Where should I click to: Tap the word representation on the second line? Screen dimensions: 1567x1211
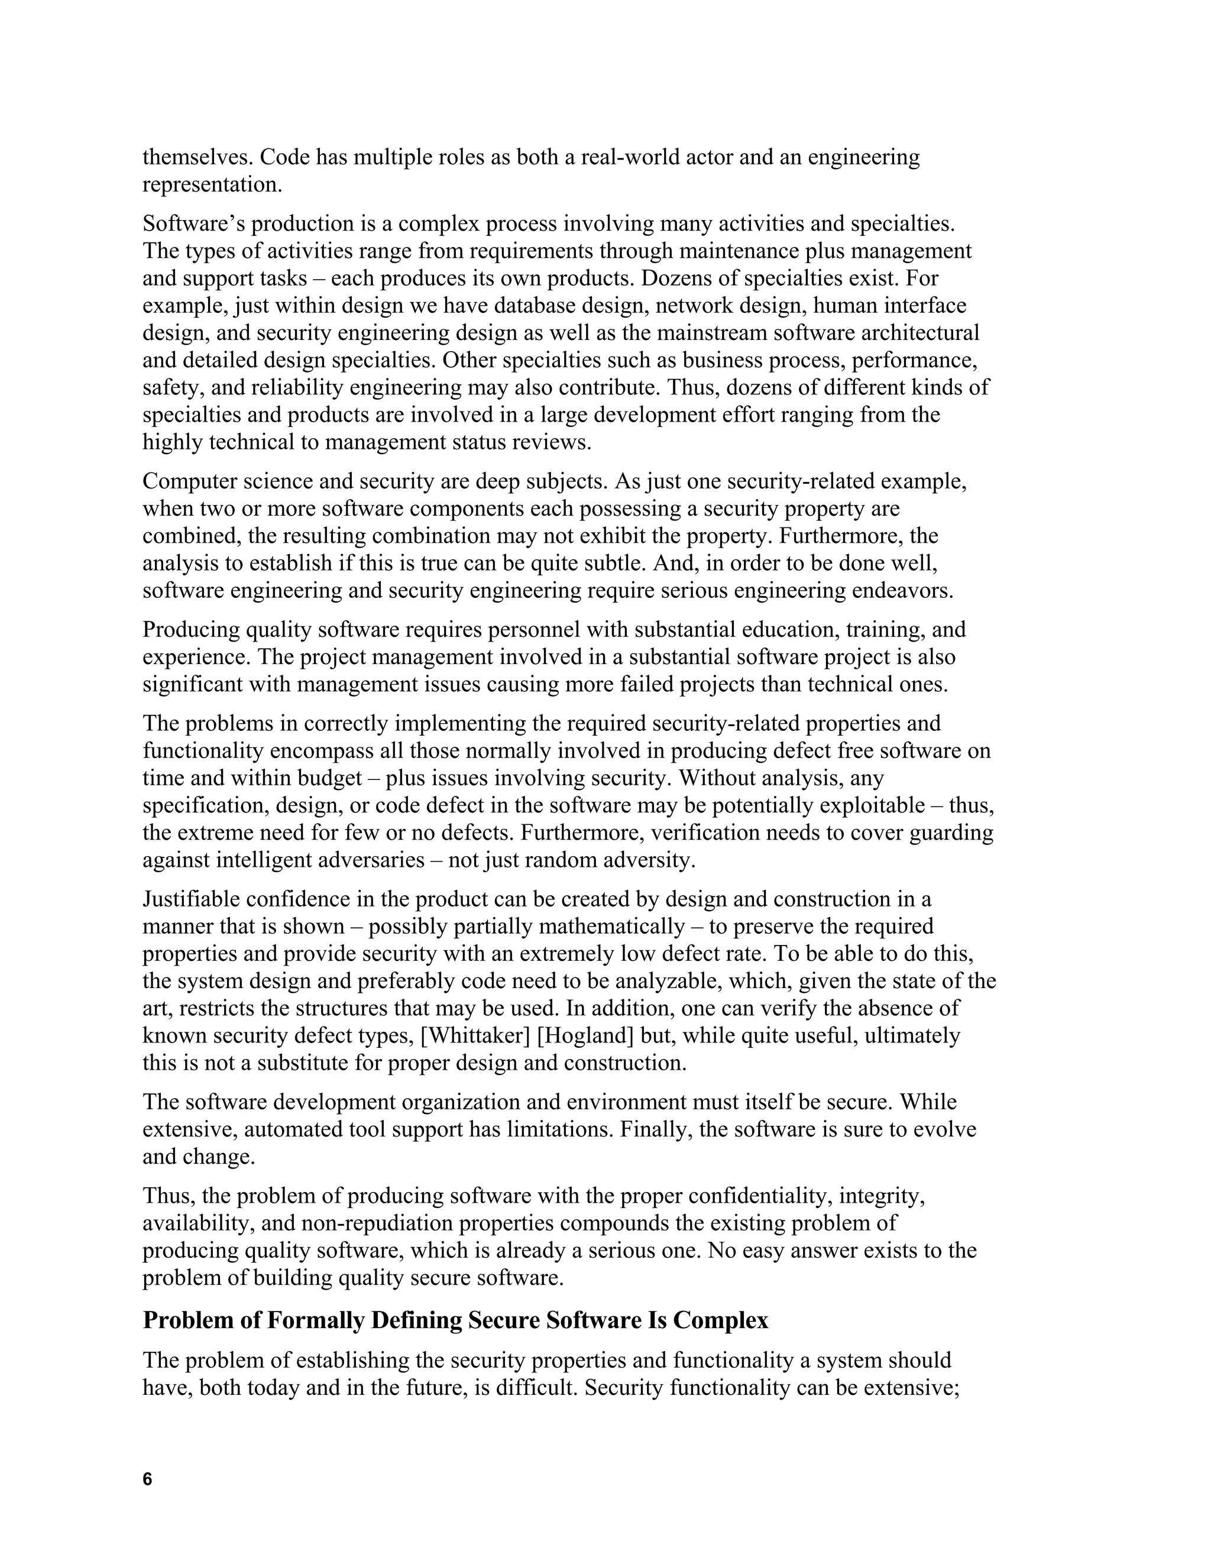pyautogui.click(x=212, y=184)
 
